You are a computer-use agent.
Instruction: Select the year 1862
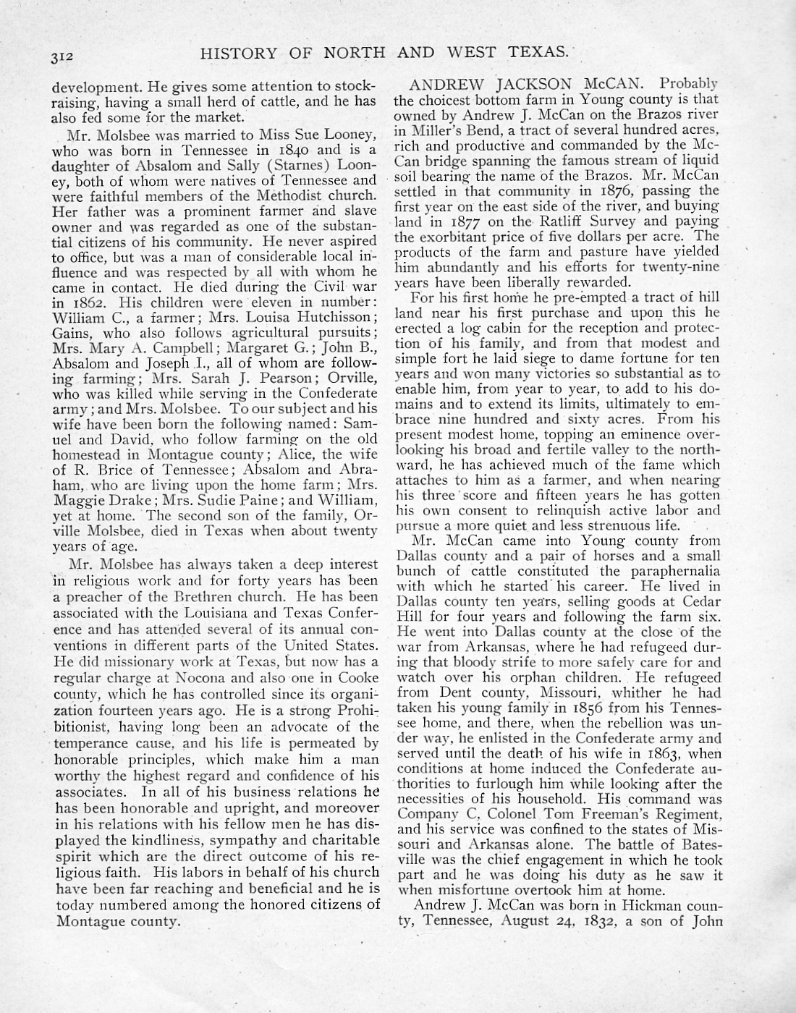pyautogui.click(x=83, y=302)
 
